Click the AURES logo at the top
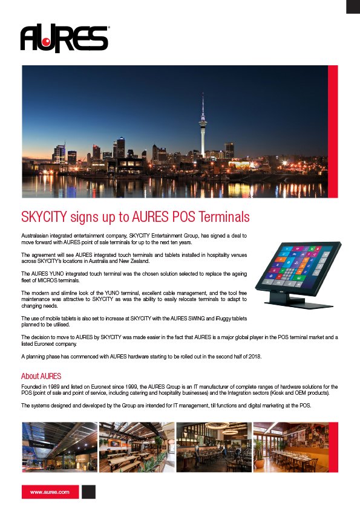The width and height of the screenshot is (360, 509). tap(64, 39)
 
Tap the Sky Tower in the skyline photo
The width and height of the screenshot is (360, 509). tap(203, 127)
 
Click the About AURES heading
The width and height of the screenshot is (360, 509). tap(41, 376)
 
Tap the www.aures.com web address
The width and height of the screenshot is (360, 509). tap(50, 492)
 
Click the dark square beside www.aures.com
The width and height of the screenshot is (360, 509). tap(88, 492)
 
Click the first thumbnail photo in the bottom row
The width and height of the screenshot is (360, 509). tap(59, 447)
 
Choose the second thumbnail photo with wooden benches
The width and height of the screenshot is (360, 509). tap(136, 447)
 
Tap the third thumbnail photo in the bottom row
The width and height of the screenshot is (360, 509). tap(214, 447)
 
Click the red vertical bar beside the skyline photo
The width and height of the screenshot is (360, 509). tap(332, 131)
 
